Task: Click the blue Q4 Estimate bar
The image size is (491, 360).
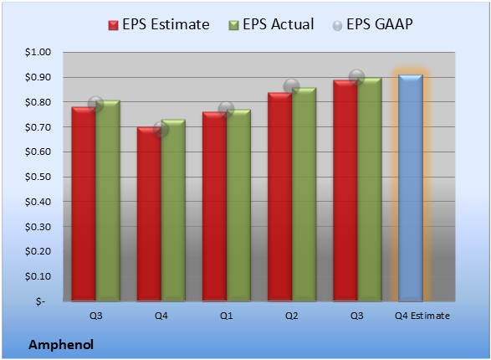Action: coord(411,188)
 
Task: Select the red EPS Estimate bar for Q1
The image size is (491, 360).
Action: coord(214,207)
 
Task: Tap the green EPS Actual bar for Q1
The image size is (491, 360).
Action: coord(238,205)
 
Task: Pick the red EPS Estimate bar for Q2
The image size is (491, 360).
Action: coord(280,197)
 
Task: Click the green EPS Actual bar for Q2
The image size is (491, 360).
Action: coord(304,194)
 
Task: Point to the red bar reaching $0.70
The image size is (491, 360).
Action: coord(149,214)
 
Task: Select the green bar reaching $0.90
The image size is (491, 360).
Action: coord(370,189)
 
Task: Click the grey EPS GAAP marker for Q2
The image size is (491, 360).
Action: coord(292,86)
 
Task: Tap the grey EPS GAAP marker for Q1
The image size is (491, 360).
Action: coord(226,110)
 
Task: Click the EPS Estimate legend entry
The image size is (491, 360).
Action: coord(159,24)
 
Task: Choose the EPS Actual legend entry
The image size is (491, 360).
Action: coord(271,24)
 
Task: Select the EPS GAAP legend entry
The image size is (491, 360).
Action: coord(372,24)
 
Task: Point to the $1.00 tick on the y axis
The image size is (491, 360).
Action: coord(38,52)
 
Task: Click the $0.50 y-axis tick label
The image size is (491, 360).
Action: coord(38,177)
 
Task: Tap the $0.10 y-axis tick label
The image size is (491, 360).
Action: coord(38,276)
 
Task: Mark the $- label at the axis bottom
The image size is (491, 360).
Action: coord(40,301)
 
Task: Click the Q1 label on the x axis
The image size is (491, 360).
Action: coord(226,316)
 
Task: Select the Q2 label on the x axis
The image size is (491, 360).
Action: coord(292,316)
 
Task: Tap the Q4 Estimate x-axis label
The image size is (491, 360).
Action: coord(422,316)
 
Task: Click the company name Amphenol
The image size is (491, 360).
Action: coord(61,345)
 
